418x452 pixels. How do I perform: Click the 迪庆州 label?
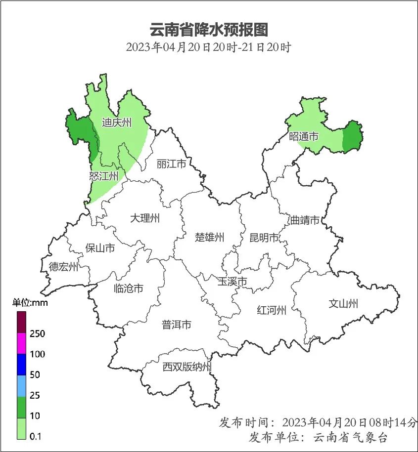point(117,123)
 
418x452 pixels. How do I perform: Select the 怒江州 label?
point(104,176)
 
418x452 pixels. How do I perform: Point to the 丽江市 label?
point(171,164)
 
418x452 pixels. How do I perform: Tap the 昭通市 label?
point(304,136)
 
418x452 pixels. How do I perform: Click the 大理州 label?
point(144,218)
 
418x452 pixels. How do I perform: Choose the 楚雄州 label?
point(209,237)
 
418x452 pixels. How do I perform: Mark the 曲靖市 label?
point(305,220)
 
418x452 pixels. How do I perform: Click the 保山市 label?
point(100,248)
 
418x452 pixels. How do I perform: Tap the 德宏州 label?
point(63,267)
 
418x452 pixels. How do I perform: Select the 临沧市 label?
point(128,288)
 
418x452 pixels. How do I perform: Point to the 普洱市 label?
point(177,325)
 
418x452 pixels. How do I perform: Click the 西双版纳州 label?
point(187,367)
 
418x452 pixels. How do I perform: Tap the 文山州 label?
point(343,304)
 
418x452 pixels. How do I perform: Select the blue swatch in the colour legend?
point(21,365)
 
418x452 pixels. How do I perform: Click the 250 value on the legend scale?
point(37,334)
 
